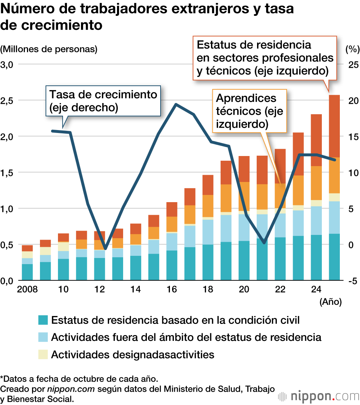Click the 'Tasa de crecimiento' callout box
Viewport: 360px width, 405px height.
(x=103, y=96)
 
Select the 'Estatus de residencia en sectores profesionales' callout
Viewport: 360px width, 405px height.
(x=265, y=58)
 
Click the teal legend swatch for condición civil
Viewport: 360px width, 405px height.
(x=43, y=320)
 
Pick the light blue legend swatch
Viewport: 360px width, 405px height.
(x=43, y=337)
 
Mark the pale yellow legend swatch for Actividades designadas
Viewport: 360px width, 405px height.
(x=43, y=354)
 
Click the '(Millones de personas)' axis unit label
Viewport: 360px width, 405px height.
(x=49, y=49)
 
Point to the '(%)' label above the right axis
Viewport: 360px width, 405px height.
(x=350, y=49)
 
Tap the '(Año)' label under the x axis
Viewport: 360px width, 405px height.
(x=330, y=302)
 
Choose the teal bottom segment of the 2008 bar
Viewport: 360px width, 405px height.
(x=27, y=272)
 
